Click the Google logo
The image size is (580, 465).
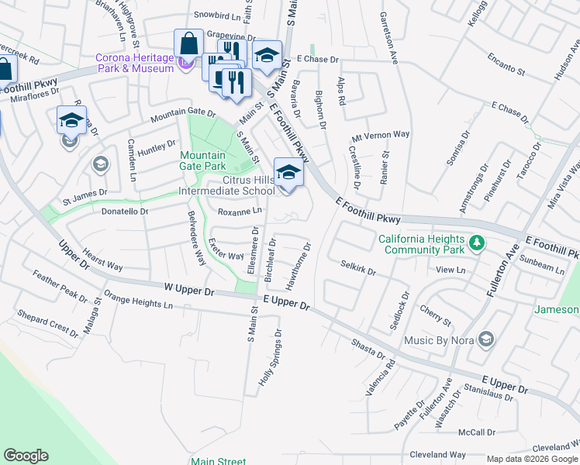click(x=26, y=456)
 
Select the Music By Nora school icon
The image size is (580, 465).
click(x=485, y=339)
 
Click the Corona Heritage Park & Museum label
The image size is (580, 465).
click(x=134, y=63)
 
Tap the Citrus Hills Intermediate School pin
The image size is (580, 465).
click(x=288, y=174)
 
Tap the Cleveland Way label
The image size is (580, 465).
click(x=438, y=454)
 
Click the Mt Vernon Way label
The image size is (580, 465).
click(x=380, y=134)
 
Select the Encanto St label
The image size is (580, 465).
click(x=506, y=63)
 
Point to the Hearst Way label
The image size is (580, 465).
click(x=102, y=260)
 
